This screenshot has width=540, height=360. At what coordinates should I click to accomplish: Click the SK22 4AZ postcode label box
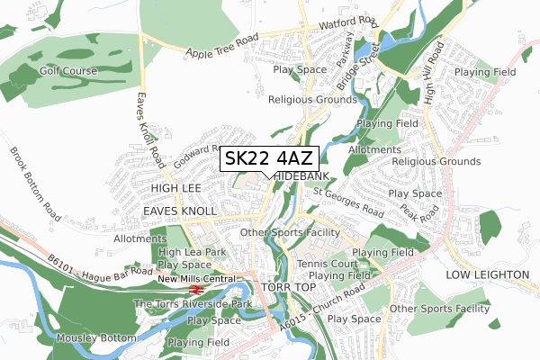tap(269, 159)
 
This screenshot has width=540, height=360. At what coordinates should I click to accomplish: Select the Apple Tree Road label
tap(222, 47)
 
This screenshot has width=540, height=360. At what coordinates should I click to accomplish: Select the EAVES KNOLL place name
tap(176, 210)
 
